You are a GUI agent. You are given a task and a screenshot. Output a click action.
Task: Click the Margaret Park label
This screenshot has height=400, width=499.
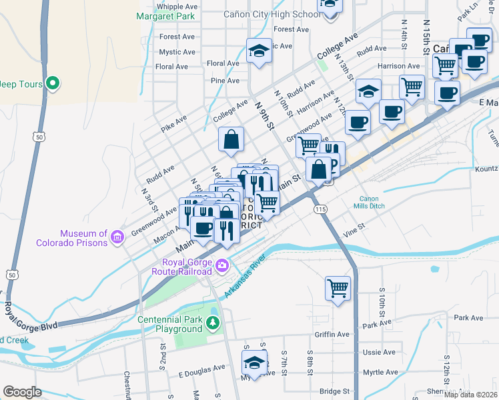point(166,15)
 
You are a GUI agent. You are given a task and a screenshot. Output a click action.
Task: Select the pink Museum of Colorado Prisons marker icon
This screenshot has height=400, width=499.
point(117,237)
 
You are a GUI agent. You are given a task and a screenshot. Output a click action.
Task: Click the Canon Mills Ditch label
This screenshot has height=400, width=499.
point(373,203)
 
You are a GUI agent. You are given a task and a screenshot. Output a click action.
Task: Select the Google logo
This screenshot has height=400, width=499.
point(22,392)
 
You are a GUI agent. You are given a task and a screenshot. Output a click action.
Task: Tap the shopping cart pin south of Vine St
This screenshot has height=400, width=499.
point(338,288)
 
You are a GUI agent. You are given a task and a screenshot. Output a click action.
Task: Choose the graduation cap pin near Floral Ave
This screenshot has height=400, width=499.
point(258,51)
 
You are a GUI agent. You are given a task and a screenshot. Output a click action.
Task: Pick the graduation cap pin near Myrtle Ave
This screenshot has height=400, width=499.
point(254,363)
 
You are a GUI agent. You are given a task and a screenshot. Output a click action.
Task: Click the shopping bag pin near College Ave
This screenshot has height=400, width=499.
point(231,139)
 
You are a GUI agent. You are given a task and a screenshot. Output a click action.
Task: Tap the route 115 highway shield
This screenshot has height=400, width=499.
point(320,209)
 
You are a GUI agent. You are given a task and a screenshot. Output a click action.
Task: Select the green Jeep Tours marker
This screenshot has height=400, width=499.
point(53,84)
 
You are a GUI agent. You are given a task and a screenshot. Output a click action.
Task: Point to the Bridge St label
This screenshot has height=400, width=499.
point(334,391)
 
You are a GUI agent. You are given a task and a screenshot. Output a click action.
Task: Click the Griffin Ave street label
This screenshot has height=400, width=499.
point(334,335)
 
